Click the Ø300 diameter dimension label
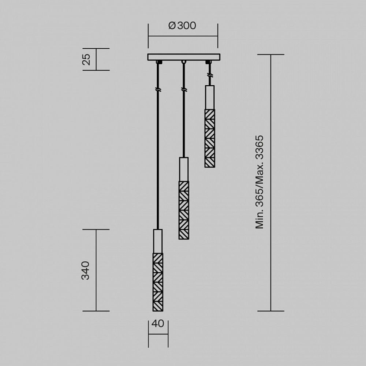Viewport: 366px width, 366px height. coord(182,26)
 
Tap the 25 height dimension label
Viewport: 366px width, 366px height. coord(86,59)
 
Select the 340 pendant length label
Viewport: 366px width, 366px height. coord(85,270)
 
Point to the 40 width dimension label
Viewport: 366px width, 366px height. coord(158,324)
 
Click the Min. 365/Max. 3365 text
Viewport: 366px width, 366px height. coord(259,182)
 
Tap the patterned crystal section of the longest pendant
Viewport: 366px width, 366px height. coord(158,281)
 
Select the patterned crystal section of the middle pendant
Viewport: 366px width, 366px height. coord(184,210)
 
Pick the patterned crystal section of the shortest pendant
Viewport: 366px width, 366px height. coord(210,138)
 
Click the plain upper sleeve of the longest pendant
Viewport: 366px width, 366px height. coord(158,241)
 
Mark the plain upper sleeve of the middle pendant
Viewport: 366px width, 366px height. coord(184,169)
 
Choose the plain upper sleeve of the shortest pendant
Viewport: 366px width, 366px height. coord(210,97)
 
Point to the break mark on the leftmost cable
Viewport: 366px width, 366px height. coord(158,89)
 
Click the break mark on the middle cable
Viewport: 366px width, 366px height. coord(184,89)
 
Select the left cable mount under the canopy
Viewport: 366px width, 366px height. coord(158,62)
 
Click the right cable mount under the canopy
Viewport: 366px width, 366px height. coord(209,62)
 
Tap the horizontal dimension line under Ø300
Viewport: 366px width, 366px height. coord(183,36)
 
